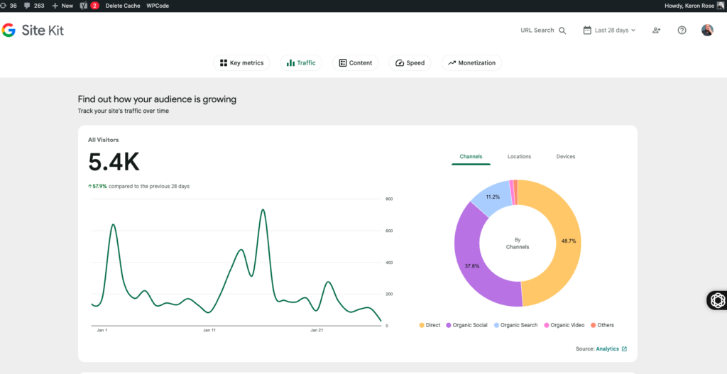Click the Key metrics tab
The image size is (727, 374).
tap(241, 63)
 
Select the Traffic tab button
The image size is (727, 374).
tap(301, 63)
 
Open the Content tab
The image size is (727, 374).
tap(356, 63)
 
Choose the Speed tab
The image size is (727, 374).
tap(410, 63)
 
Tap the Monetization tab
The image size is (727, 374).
tap(471, 63)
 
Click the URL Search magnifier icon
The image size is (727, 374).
tap(562, 31)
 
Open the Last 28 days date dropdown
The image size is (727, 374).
tap(609, 31)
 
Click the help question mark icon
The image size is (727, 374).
tap(682, 31)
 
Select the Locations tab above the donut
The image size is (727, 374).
tap(519, 157)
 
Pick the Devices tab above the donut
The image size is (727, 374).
tap(566, 157)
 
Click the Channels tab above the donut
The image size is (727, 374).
tap(471, 157)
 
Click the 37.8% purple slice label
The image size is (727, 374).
tap(471, 266)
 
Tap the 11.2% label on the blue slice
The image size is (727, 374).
tap(493, 197)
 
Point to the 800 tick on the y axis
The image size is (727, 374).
tap(388, 199)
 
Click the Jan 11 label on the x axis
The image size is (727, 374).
tap(209, 331)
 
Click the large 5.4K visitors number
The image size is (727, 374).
tap(114, 163)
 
